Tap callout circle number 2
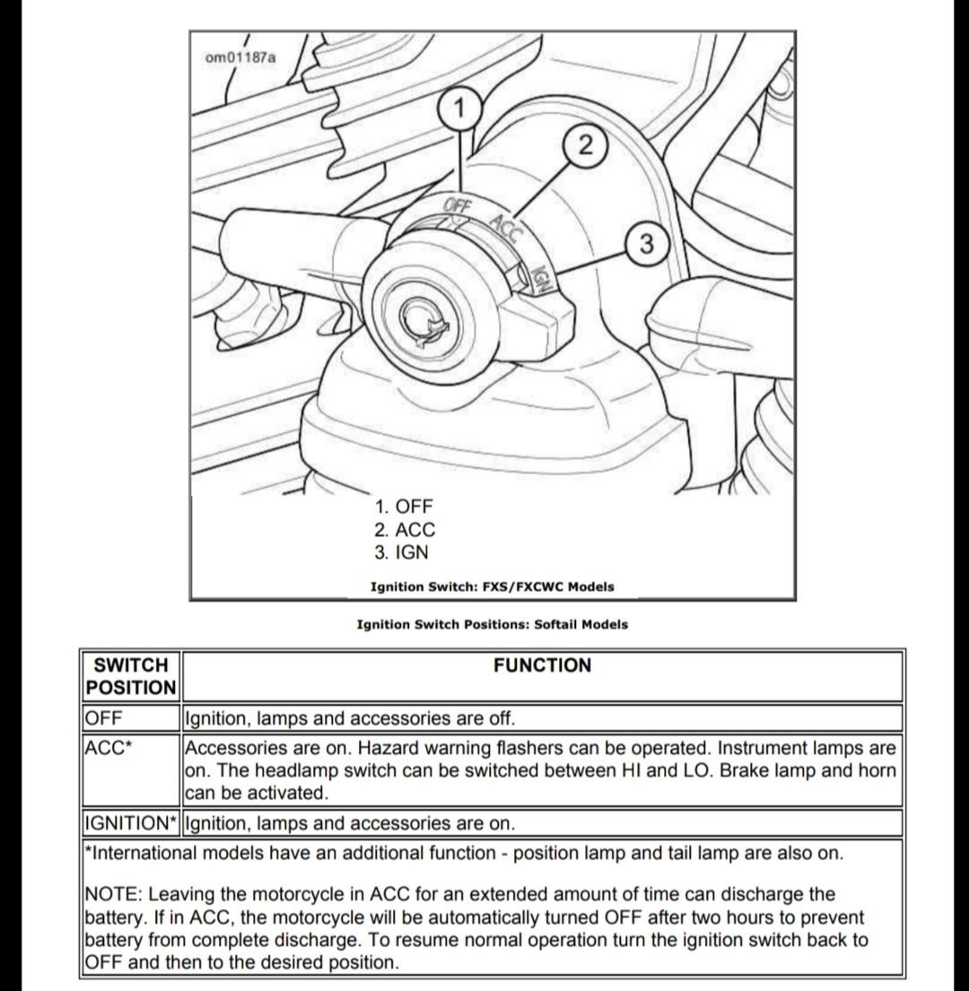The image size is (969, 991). pyautogui.click(x=584, y=146)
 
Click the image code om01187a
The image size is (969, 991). pyautogui.click(x=240, y=58)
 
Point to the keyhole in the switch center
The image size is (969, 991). pyautogui.click(x=422, y=320)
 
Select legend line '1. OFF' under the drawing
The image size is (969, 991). pyautogui.click(x=405, y=507)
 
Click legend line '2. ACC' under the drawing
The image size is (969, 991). pyautogui.click(x=406, y=530)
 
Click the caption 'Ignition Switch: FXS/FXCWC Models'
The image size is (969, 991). pyautogui.click(x=492, y=587)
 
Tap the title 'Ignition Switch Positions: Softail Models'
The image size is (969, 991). pyautogui.click(x=492, y=624)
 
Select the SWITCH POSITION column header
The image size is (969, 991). pyautogui.click(x=131, y=676)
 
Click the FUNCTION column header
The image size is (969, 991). pyautogui.click(x=542, y=665)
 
